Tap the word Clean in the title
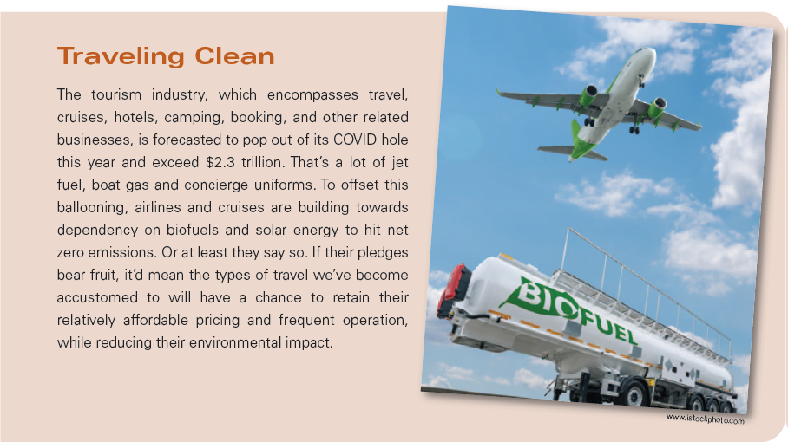(x=234, y=55)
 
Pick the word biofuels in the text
(x=193, y=230)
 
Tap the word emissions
(x=121, y=252)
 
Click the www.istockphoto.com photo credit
(x=705, y=419)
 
